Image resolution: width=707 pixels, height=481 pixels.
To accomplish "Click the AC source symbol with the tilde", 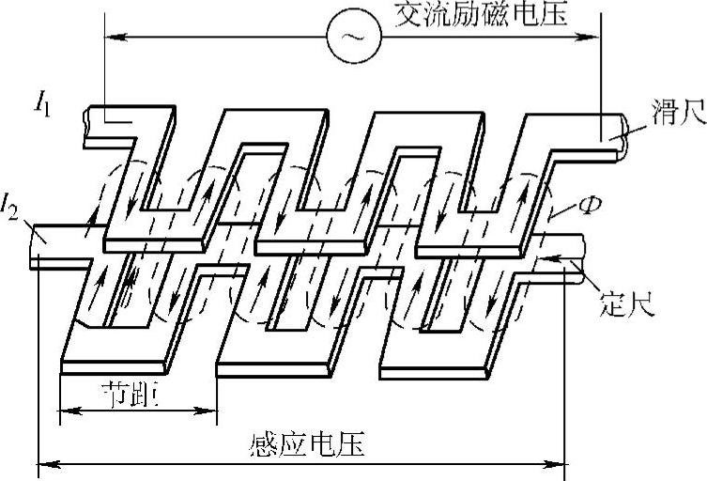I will tap(353, 37).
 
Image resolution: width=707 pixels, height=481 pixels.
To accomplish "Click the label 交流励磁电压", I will tap(482, 16).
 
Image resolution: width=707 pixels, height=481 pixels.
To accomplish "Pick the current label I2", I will tap(12, 202).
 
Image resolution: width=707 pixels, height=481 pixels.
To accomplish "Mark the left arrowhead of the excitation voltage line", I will tap(110, 37).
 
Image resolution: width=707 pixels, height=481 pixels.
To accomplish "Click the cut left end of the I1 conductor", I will tap(87, 122).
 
